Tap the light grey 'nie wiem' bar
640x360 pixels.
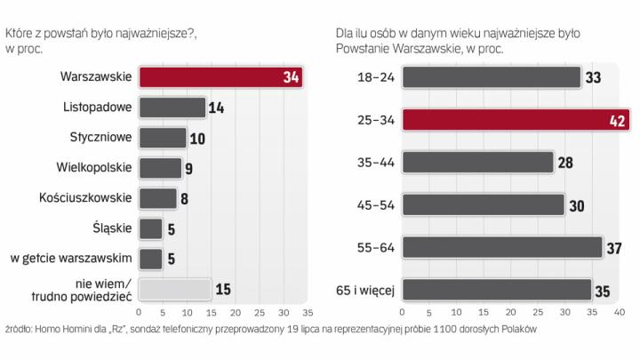point(174,289)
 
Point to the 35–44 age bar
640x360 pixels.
point(478,163)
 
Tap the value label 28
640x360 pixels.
point(564,163)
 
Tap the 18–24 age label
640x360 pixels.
point(374,78)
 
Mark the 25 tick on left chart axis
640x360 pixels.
point(259,313)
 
